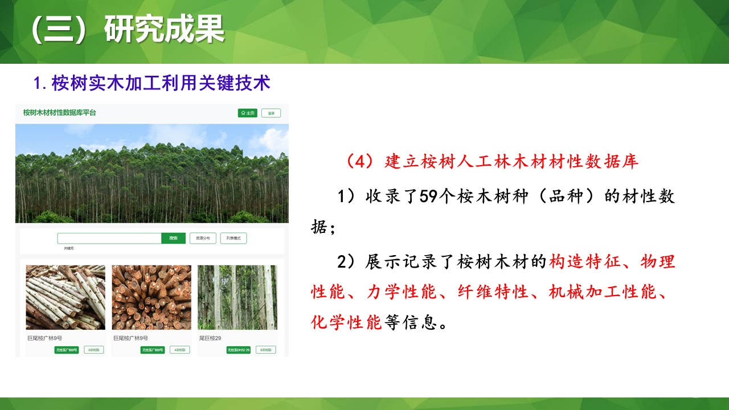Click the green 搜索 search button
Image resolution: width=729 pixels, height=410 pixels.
[173, 238]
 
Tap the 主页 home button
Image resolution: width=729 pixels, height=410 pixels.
[248, 113]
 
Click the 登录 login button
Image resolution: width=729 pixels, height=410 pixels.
[271, 113]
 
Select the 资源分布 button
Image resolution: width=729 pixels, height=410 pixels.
[203, 238]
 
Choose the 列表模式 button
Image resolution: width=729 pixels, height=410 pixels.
[234, 238]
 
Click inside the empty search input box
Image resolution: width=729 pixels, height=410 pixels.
[109, 238]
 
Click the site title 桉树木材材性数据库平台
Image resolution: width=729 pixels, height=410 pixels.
[59, 113]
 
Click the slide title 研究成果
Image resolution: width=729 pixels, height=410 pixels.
[164, 30]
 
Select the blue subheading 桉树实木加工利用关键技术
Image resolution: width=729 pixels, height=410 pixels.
[161, 84]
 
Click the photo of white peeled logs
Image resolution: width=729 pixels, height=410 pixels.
[65, 297]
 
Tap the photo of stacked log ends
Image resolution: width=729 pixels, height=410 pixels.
[151, 297]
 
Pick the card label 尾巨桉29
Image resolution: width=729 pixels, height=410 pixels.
[210, 338]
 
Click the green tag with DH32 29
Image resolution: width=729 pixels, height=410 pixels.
[238, 350]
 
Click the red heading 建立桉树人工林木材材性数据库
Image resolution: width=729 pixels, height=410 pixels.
[511, 161]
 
